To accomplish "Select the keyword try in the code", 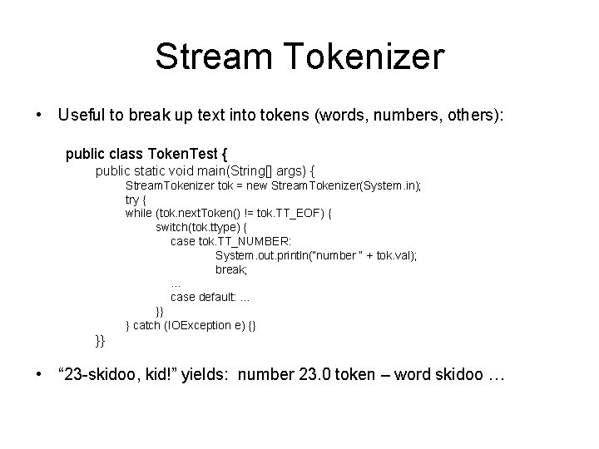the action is [132, 200].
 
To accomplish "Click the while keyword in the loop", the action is [139, 213].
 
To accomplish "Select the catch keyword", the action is [150, 324].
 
